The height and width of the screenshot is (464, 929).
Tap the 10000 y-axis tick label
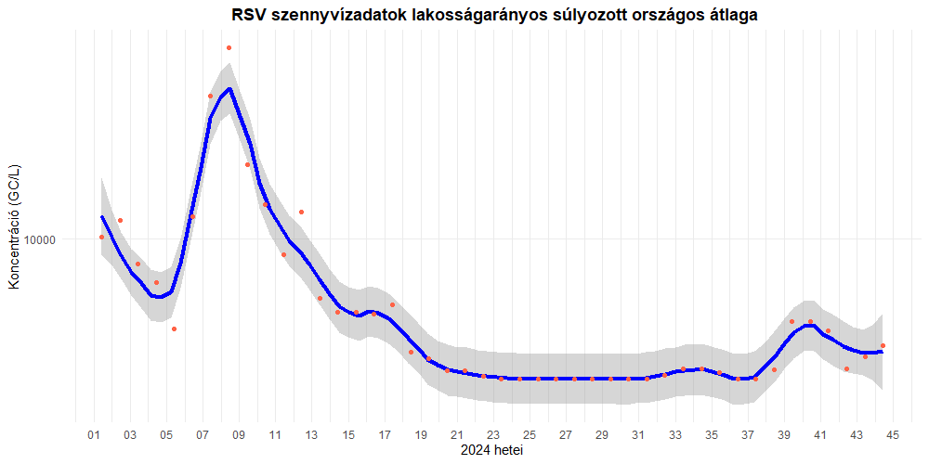pyautogui.click(x=40, y=239)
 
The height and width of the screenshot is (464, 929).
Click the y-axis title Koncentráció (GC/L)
pyautogui.click(x=14, y=226)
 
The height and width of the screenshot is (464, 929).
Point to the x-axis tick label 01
pyautogui.click(x=93, y=434)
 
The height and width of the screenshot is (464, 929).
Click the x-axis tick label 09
pyautogui.click(x=239, y=434)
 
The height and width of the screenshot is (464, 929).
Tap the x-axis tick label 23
pyautogui.click(x=493, y=434)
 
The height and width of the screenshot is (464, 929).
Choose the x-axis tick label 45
pyautogui.click(x=893, y=434)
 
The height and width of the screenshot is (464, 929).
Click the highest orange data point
pyautogui.click(x=229, y=47)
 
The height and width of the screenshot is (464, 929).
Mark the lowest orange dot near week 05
pyautogui.click(x=174, y=329)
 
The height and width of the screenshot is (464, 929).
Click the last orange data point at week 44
pyautogui.click(x=883, y=345)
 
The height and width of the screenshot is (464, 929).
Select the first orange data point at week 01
pyautogui.click(x=101, y=237)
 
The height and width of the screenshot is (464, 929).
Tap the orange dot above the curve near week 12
pyautogui.click(x=301, y=212)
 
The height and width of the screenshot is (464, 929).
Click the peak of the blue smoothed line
pyautogui.click(x=229, y=89)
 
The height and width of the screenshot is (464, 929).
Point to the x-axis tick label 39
pyautogui.click(x=784, y=434)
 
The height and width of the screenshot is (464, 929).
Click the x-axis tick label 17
pyautogui.click(x=385, y=434)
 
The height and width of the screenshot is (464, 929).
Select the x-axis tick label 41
pyautogui.click(x=820, y=434)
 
